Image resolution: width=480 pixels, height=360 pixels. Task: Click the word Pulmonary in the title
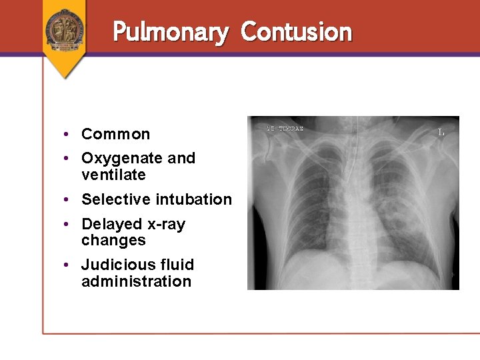(x=171, y=32)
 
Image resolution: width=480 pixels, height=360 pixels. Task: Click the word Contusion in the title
(x=296, y=31)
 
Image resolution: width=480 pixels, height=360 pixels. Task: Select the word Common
(x=115, y=134)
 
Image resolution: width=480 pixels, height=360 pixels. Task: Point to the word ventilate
(x=113, y=175)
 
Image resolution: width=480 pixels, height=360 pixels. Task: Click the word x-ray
(x=167, y=225)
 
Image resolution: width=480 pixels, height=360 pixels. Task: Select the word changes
(x=113, y=240)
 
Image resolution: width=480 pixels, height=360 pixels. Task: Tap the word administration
(x=136, y=281)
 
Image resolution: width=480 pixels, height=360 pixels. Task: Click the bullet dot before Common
(x=68, y=135)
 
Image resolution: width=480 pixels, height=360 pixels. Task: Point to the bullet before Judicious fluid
(x=68, y=265)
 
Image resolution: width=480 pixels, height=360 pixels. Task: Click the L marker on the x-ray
(x=441, y=132)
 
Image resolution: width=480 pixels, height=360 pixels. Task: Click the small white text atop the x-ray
(x=285, y=128)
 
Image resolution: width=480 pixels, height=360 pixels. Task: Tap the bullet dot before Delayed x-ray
(x=68, y=225)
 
